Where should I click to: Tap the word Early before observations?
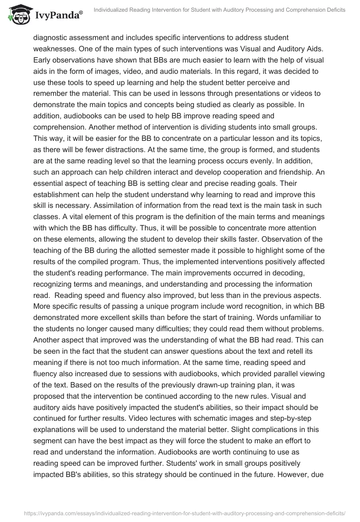pyautogui.click(x=43, y=60)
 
